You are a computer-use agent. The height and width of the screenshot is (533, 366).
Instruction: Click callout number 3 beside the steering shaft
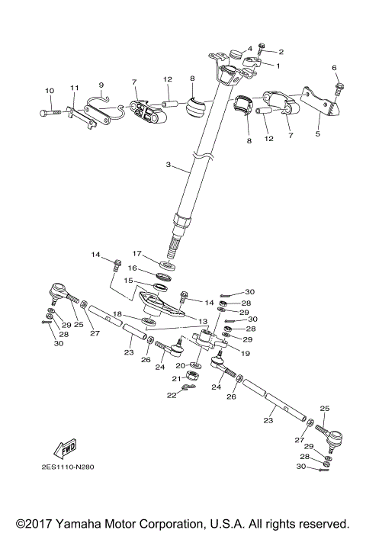[168, 165]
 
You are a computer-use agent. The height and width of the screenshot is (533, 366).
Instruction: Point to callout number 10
[50, 92]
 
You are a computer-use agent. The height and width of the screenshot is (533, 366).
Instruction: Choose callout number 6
[333, 68]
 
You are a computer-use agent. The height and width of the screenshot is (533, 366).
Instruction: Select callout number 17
[137, 253]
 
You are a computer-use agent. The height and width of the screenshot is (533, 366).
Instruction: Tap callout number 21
[175, 379]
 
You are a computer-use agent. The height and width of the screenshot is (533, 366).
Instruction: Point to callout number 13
[203, 321]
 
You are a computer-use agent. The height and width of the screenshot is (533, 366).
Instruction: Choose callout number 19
[246, 353]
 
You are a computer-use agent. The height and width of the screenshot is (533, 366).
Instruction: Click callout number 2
[281, 52]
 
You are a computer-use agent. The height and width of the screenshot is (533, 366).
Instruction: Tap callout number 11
[75, 88]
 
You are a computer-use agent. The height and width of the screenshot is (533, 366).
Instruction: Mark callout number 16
[131, 268]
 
